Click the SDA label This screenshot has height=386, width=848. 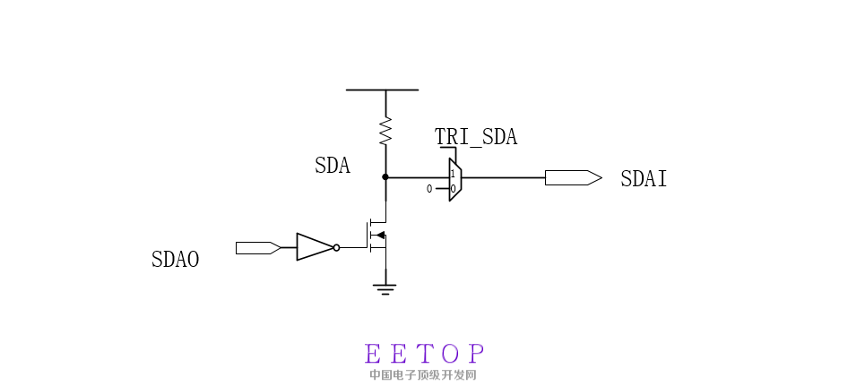click(x=332, y=166)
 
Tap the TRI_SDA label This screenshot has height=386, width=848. click(x=476, y=137)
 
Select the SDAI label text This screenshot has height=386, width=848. click(x=644, y=179)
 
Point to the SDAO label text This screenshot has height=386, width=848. click(x=175, y=260)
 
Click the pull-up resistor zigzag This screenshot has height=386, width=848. click(x=385, y=131)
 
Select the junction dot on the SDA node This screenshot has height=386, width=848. click(x=385, y=176)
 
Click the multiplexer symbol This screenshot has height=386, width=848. click(x=454, y=180)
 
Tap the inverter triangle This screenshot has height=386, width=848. click(x=315, y=247)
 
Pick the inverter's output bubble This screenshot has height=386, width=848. click(x=336, y=247)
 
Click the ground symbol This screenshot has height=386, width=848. click(x=385, y=290)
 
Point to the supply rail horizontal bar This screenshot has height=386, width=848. click(x=382, y=90)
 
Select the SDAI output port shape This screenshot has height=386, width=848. click(x=574, y=178)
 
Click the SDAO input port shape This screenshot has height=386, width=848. click(x=258, y=248)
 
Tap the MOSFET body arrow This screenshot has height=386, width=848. click(x=380, y=236)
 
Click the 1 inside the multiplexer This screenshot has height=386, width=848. click(x=453, y=174)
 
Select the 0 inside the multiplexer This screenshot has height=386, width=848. click(x=454, y=189)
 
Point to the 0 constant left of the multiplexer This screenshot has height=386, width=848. click(x=429, y=189)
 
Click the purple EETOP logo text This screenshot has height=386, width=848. click(x=425, y=354)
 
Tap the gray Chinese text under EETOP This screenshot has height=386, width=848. click(x=423, y=374)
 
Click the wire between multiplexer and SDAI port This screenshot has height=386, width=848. click(x=504, y=177)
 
